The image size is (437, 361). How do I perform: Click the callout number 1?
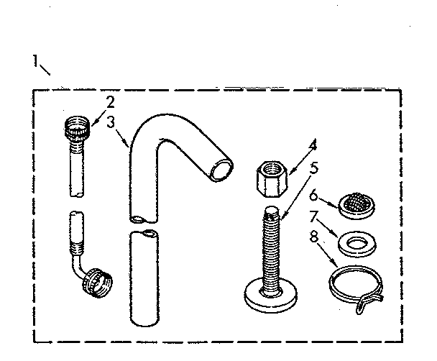click(x=34, y=61)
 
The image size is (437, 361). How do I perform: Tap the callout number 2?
click(x=110, y=101)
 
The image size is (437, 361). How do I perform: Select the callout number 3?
click(x=110, y=122)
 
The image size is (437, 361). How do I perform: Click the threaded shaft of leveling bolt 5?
click(x=272, y=245)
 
